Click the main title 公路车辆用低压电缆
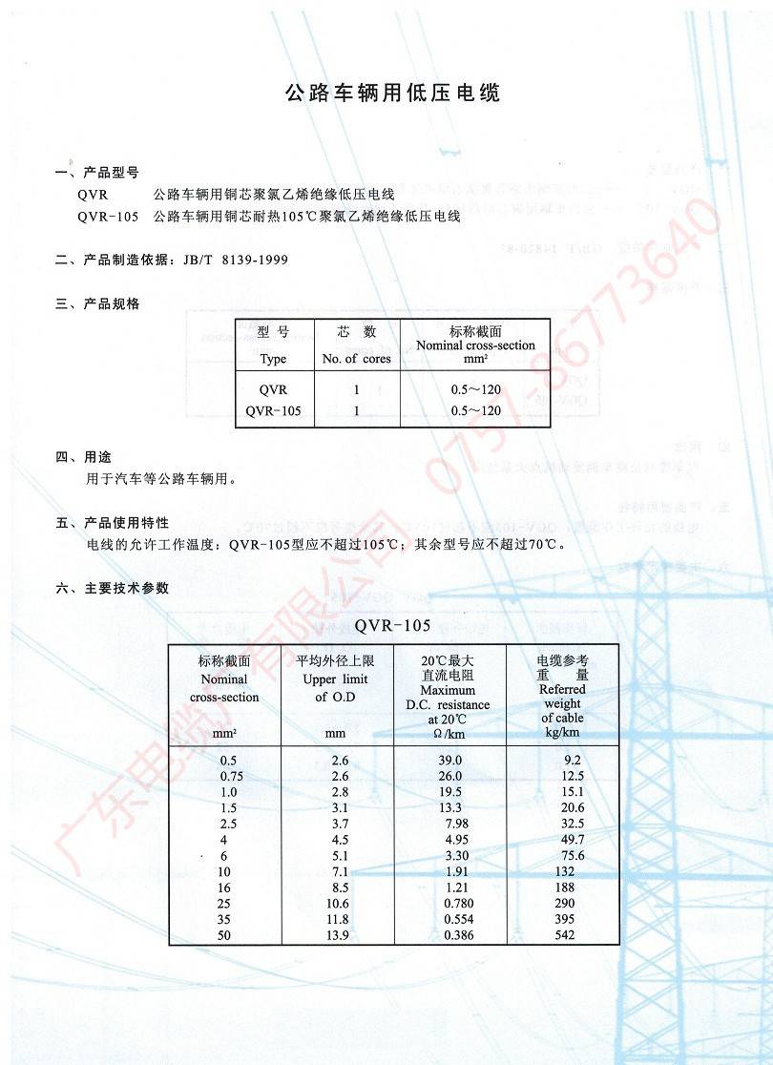(393, 94)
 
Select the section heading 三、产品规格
(97, 303)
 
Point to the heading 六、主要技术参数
(112, 588)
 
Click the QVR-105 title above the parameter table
(393, 626)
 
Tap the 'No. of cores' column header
(357, 360)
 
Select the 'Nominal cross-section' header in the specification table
(475, 345)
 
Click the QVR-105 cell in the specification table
(273, 410)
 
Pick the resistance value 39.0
(449, 761)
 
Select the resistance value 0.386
(459, 936)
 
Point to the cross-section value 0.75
(231, 776)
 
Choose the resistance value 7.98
(456, 824)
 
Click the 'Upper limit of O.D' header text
(334, 679)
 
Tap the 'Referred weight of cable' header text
(562, 703)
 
